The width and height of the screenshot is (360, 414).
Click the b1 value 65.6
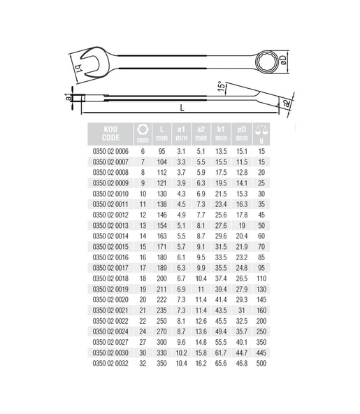click(222, 364)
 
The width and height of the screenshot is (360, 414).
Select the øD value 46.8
click(242, 364)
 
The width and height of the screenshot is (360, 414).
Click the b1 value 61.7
click(222, 353)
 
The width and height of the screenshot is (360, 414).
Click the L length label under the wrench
click(182, 108)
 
